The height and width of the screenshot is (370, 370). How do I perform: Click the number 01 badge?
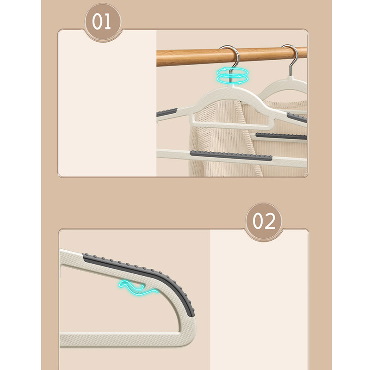tap(103, 22)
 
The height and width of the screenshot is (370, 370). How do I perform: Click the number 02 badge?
tap(264, 221)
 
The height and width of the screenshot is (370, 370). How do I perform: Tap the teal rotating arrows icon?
tap(233, 76)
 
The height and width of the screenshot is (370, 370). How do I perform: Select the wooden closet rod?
tap(232, 56)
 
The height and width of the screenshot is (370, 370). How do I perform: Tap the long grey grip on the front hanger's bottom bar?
tap(231, 155)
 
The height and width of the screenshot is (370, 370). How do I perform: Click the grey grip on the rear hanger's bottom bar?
tap(281, 136)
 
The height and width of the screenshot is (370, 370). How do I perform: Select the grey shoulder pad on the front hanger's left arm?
tap(167, 112)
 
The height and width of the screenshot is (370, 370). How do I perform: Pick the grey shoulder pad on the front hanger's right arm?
tap(297, 117)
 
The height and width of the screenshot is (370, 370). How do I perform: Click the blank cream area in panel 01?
tap(107, 104)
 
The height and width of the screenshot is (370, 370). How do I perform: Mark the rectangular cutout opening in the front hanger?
tap(231, 119)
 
